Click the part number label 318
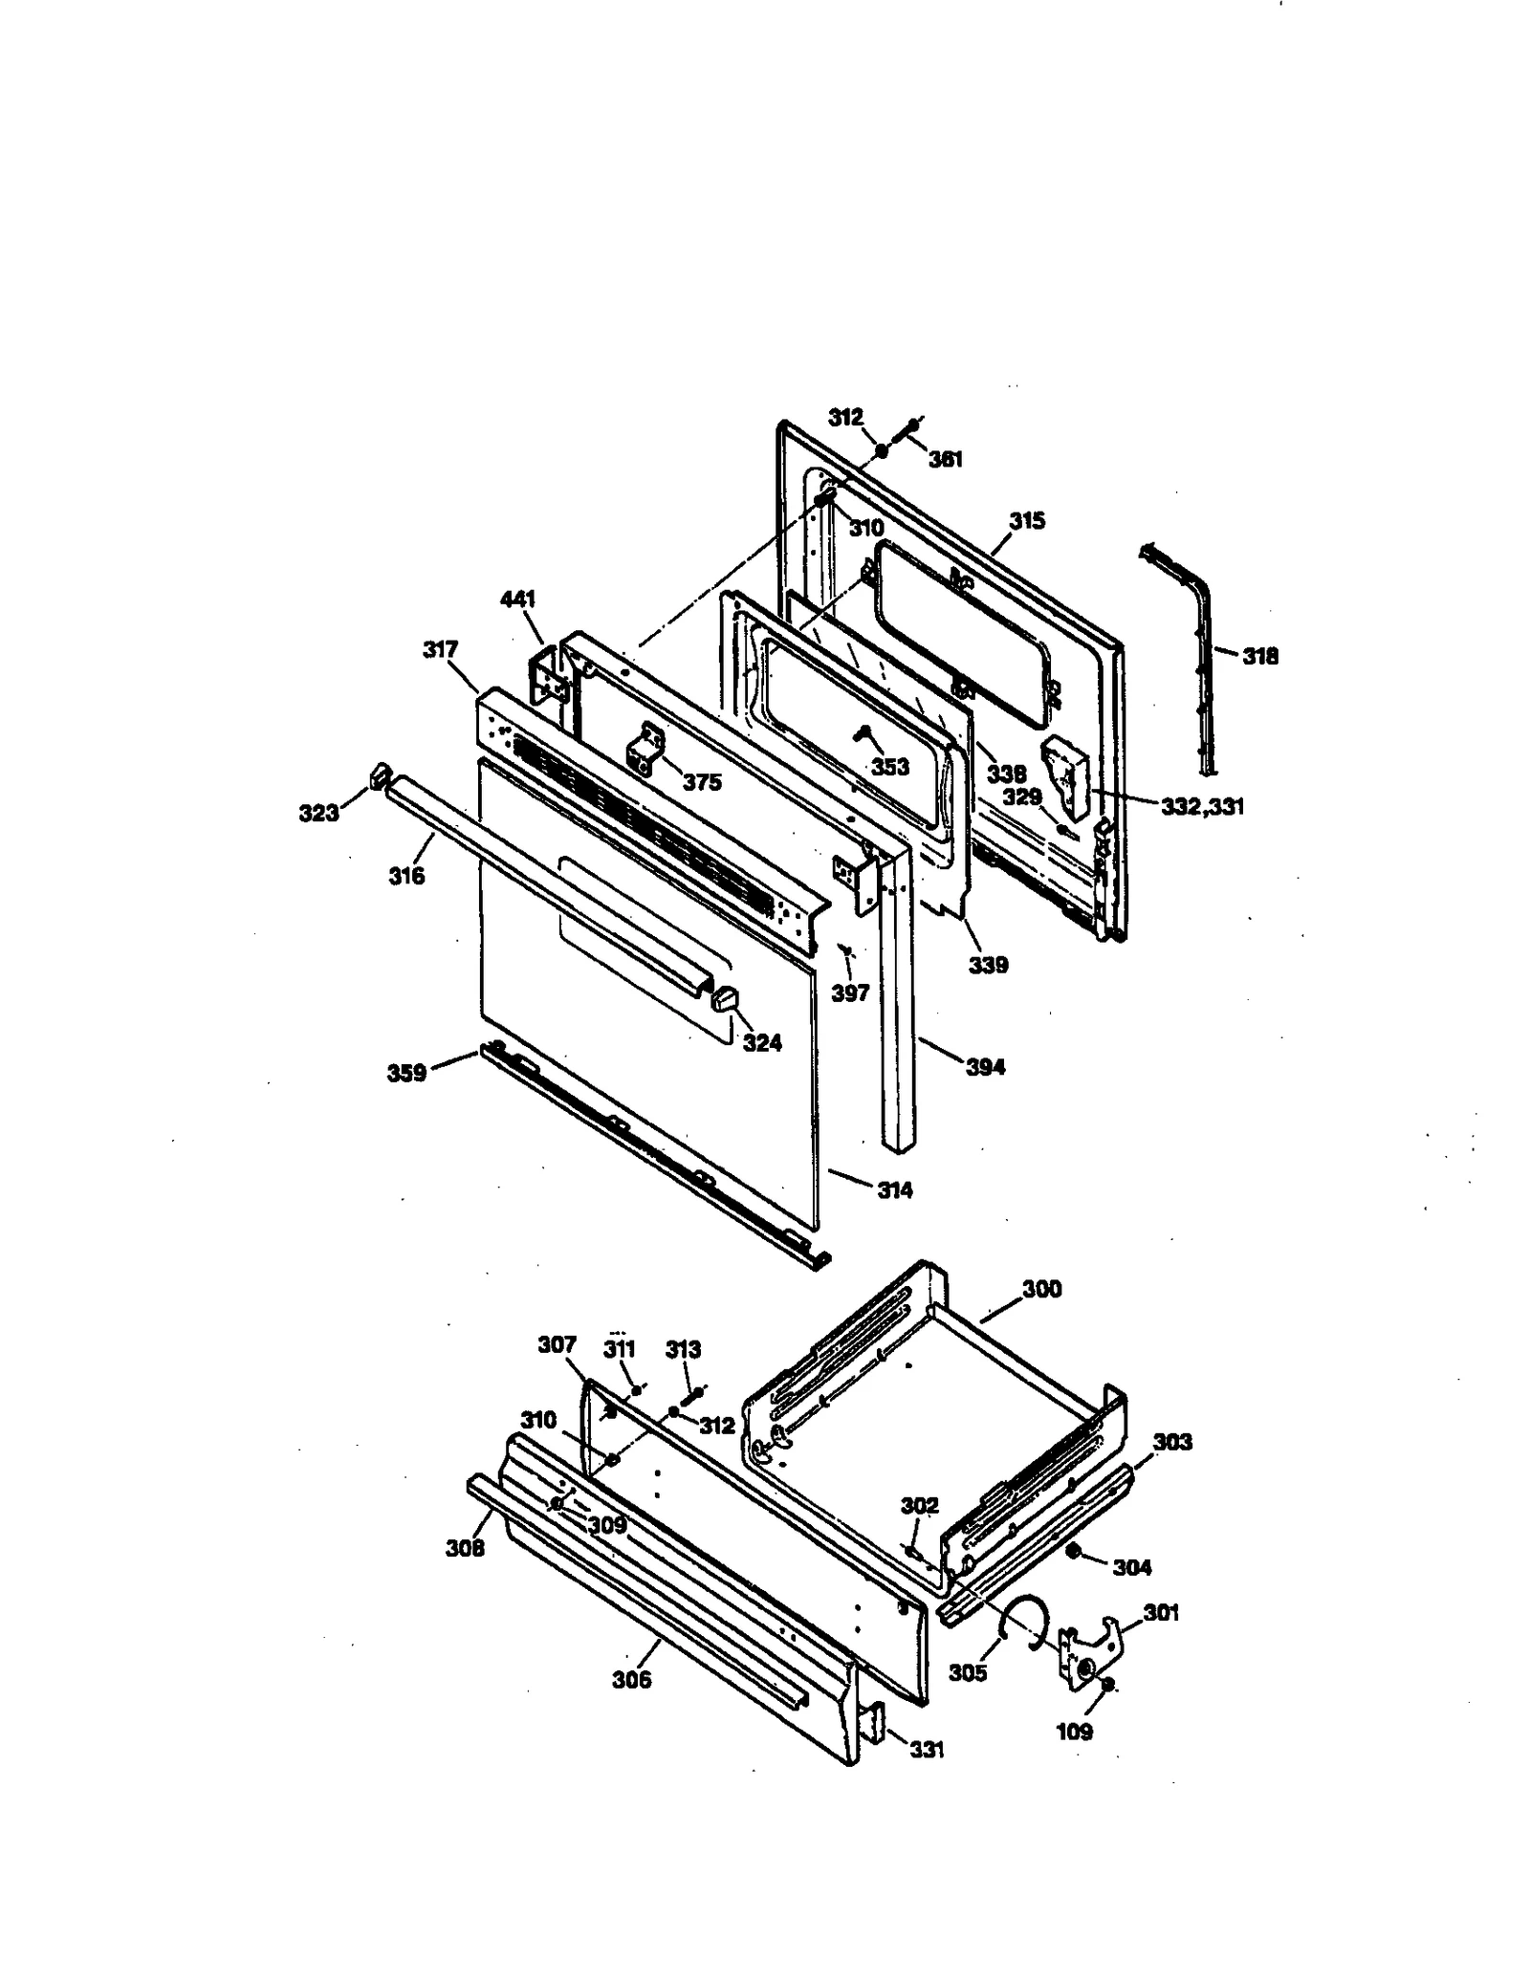1259,656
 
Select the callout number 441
517,599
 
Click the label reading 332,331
1202,807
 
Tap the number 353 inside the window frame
889,767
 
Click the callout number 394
985,1066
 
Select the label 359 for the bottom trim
406,1073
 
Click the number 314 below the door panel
894,1189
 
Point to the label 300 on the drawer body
1041,1288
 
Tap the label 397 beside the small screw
849,992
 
